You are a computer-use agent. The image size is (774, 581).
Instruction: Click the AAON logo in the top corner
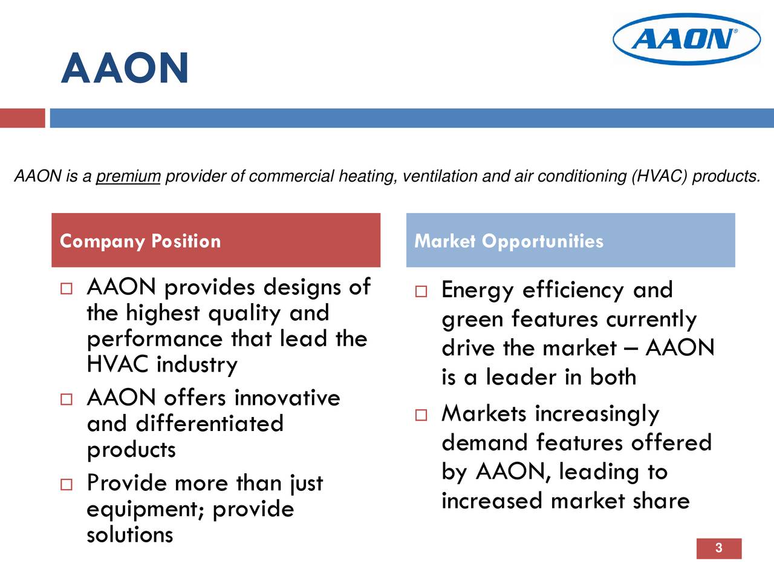coord(686,39)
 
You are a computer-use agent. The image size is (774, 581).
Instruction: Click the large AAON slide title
coord(125,68)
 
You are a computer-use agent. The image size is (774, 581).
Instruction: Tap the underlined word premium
coord(128,177)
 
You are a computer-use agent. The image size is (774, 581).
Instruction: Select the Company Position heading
coord(140,241)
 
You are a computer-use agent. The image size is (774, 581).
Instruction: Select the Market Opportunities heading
coord(509,241)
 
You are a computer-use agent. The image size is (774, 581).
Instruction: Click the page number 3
coord(718,548)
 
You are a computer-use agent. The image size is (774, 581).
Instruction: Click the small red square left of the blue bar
coord(22,118)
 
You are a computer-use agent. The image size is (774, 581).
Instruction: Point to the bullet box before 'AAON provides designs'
coord(66,289)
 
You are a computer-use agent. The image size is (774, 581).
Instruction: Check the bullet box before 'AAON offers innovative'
coord(66,399)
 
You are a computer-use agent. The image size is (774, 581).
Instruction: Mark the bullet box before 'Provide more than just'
coord(66,484)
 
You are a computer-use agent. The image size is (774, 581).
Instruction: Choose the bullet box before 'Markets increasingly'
coord(421,415)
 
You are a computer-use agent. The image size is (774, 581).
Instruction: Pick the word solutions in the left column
coord(130,535)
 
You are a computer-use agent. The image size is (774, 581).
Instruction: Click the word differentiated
coord(209,424)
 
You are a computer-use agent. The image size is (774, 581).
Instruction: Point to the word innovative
coord(287,398)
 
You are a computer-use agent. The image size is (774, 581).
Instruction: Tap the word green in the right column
coord(472,320)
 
